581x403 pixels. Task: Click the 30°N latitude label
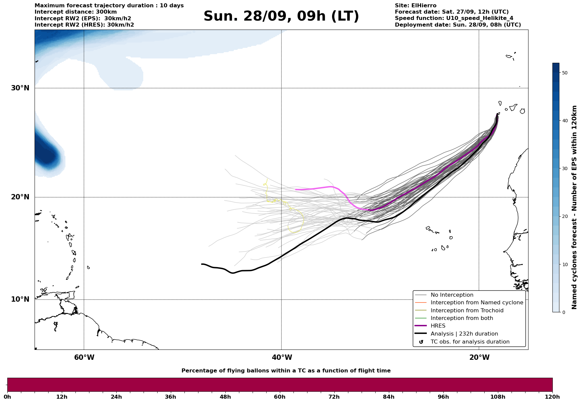click(x=20, y=88)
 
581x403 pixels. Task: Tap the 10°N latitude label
click(x=20, y=299)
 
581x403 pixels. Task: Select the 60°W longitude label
click(x=84, y=357)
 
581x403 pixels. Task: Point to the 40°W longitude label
click(x=282, y=357)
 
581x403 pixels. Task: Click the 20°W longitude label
click(x=479, y=357)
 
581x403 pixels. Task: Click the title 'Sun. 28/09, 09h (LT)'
click(x=281, y=16)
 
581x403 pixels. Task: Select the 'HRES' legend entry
click(x=438, y=326)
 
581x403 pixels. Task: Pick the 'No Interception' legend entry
click(x=452, y=295)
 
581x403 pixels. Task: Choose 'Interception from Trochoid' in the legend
click(x=467, y=311)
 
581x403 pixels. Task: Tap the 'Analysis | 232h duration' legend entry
click(x=464, y=334)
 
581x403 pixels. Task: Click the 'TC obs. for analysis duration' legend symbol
click(x=421, y=342)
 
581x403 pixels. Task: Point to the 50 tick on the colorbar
click(x=564, y=73)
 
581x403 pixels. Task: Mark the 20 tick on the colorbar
click(x=564, y=216)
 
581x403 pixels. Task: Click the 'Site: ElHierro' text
click(x=415, y=6)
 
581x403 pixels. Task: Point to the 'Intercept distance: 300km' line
click(x=75, y=12)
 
